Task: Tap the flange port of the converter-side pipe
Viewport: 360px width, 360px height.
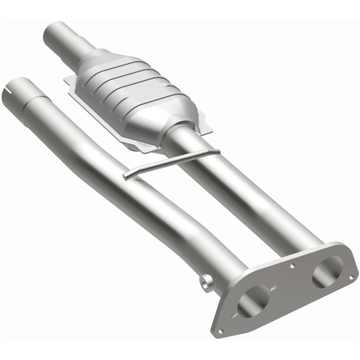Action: (x=327, y=272)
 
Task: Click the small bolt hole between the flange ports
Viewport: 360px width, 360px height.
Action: (x=292, y=266)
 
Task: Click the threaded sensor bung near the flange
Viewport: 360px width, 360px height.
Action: (x=204, y=282)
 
